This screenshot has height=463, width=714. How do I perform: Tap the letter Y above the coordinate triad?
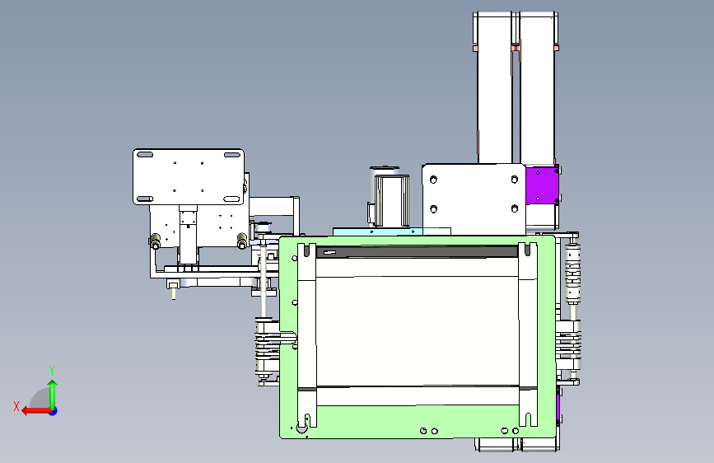pos(52,370)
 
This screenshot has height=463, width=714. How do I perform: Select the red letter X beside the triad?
pos(16,406)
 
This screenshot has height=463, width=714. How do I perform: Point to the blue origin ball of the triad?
pos(54,411)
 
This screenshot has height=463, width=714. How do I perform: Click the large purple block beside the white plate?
pos(541,185)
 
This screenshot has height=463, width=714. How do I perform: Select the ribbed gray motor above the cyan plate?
pos(390,197)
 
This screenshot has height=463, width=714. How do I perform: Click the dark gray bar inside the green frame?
pos(417,252)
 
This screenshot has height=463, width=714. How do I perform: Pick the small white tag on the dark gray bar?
pos(329,252)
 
